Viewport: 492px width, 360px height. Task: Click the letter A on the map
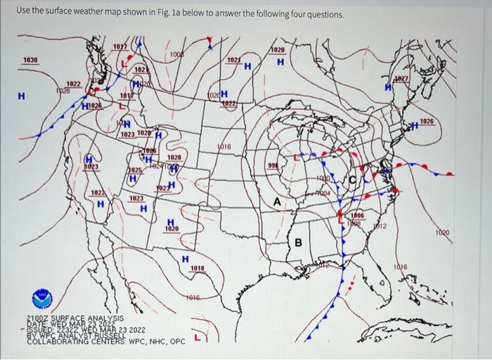coord(276,202)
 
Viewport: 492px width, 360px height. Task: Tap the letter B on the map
coord(297,243)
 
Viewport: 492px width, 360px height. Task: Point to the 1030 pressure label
coord(30,60)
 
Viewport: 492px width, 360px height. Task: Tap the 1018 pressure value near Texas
coord(198,268)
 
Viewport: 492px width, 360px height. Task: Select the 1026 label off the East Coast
coord(426,122)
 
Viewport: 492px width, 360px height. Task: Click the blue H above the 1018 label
coord(186,259)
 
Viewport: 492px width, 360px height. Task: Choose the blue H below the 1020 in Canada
coord(280,63)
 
